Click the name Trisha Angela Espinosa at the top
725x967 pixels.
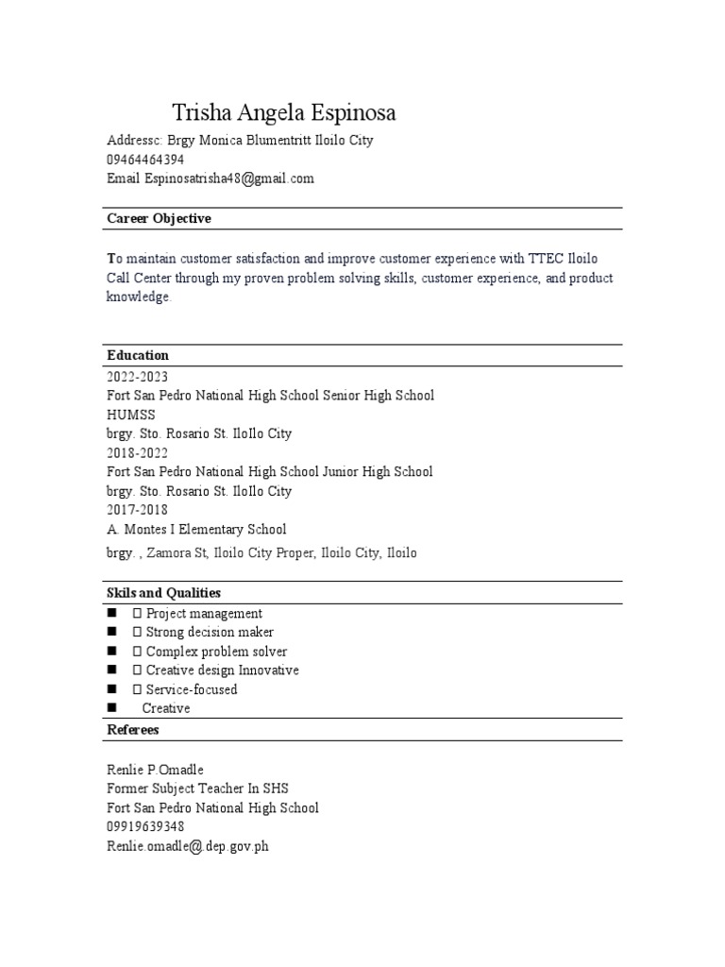(283, 113)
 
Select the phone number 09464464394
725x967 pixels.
(144, 160)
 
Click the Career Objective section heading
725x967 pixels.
(159, 219)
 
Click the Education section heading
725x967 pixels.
(138, 356)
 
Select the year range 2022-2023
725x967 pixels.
(137, 377)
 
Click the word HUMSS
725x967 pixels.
(130, 415)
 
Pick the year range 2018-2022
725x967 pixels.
(137, 453)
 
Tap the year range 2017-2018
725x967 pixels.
(137, 510)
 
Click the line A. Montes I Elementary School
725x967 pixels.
(196, 530)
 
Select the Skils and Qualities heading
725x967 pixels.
(163, 593)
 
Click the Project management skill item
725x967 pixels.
(204, 614)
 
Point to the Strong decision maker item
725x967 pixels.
(210, 633)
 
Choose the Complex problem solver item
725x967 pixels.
(216, 652)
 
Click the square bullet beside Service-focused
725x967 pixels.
(111, 689)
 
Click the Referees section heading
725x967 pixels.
(133, 730)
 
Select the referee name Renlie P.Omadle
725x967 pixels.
(155, 770)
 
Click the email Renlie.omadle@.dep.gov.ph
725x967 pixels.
(188, 847)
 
